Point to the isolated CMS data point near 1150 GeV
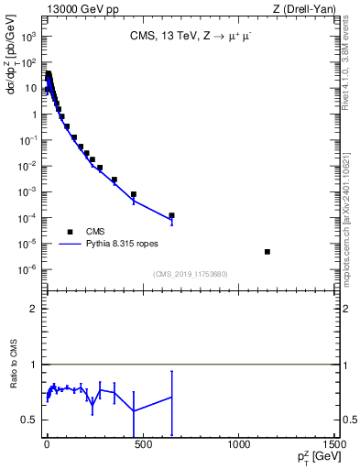pyautogui.click(x=267, y=251)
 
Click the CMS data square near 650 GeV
pyautogui.click(x=171, y=215)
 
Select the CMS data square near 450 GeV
pyautogui.click(x=133, y=194)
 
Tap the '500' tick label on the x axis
pyautogui.click(x=142, y=444)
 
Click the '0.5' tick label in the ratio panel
pyautogui.click(x=29, y=420)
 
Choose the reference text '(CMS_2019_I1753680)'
pyautogui.click(x=191, y=274)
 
